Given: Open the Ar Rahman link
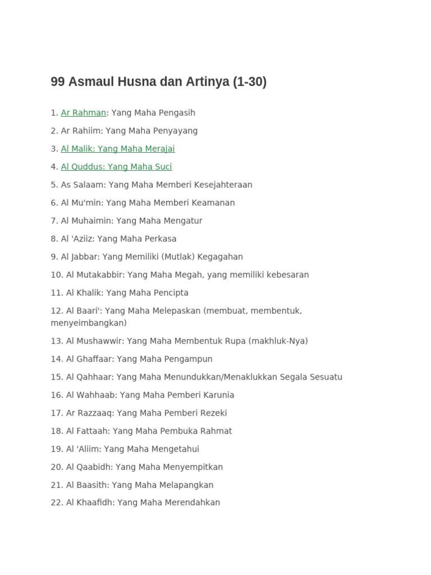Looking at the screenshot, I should tap(83, 113).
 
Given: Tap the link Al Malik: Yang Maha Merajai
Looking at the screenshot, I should tap(118, 149).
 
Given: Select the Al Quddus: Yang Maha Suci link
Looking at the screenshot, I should tap(116, 167).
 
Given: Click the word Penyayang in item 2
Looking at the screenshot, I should tap(176, 131).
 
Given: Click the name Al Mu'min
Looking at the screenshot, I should tap(82, 203).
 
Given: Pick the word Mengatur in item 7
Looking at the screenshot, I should tap(184, 221).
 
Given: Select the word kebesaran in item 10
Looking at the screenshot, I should tap(284, 275).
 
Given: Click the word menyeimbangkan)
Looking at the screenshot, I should tap(89, 323).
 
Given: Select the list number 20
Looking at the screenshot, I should tap(56, 467).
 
